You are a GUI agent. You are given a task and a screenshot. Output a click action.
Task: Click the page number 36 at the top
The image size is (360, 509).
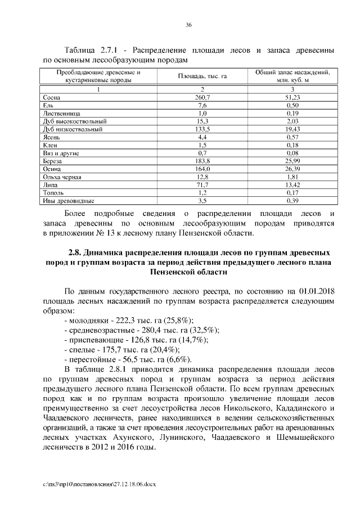(189, 24)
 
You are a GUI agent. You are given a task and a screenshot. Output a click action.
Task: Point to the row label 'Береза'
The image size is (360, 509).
(53, 161)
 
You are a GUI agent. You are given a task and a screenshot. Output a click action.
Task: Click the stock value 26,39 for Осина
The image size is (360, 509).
(292, 169)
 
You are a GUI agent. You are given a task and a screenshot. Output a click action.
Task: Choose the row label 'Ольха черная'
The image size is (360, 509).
(62, 177)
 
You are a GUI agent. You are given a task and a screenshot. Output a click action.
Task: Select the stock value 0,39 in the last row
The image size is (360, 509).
(292, 200)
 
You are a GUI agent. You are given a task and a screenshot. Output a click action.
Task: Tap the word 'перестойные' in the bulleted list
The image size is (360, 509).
(91, 359)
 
